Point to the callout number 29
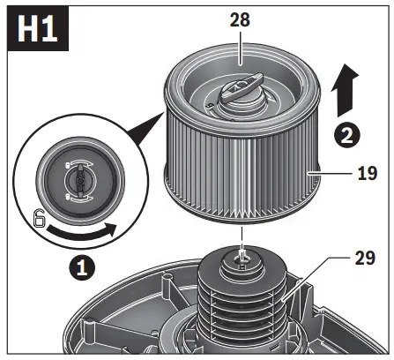coord(353,262)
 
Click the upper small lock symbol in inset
coord(71,163)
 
